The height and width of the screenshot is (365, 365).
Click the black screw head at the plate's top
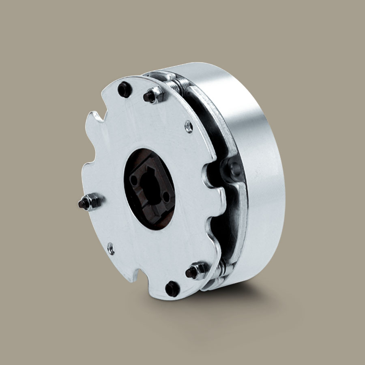125,90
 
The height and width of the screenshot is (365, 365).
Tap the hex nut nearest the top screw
154,96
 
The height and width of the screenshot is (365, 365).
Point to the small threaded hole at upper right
189,127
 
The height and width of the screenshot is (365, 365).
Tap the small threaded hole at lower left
110,247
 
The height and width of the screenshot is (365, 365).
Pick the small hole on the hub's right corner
167,197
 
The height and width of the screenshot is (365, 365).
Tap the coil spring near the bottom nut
221,268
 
